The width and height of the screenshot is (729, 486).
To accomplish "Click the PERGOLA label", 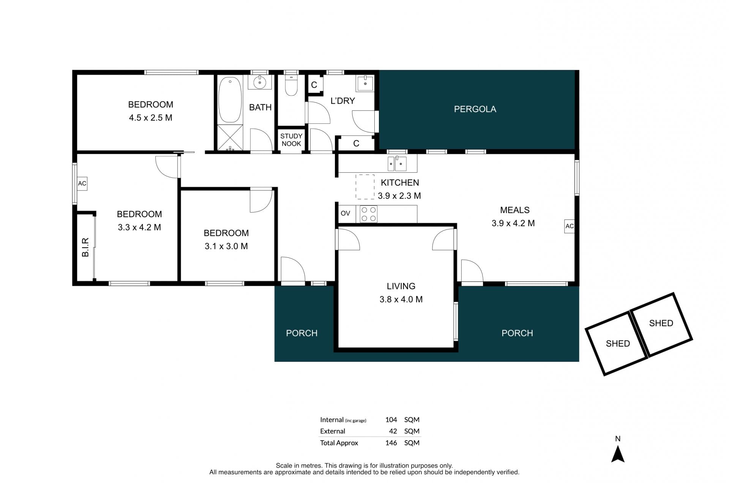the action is [x=475, y=109].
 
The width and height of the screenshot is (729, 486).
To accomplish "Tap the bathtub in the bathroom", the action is [x=230, y=99].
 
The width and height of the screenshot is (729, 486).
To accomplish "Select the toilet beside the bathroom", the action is [x=291, y=84].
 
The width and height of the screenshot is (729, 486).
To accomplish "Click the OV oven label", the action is [x=345, y=213].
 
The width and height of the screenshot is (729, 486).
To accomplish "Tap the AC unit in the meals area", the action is [x=569, y=226].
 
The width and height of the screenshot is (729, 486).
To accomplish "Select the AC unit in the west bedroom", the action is [x=82, y=183].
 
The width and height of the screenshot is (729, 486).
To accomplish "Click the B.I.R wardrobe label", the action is [x=85, y=247].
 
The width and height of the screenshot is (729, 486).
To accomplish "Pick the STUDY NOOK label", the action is [x=291, y=140].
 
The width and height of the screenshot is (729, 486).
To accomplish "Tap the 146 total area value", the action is [x=391, y=443].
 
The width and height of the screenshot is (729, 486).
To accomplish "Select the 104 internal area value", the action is [x=391, y=420].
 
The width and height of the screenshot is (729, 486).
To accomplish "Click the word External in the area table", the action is [x=333, y=431].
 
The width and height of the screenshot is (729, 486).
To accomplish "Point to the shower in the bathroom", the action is [x=230, y=137].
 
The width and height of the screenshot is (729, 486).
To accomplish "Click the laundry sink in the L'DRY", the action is [x=365, y=83].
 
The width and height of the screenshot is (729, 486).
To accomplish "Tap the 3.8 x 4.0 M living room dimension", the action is [x=401, y=299].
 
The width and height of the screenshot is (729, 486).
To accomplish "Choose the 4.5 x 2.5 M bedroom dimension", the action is [x=150, y=118].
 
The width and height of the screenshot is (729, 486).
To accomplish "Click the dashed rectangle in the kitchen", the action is [x=365, y=187].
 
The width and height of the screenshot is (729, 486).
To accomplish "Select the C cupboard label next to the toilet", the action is [x=314, y=85].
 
